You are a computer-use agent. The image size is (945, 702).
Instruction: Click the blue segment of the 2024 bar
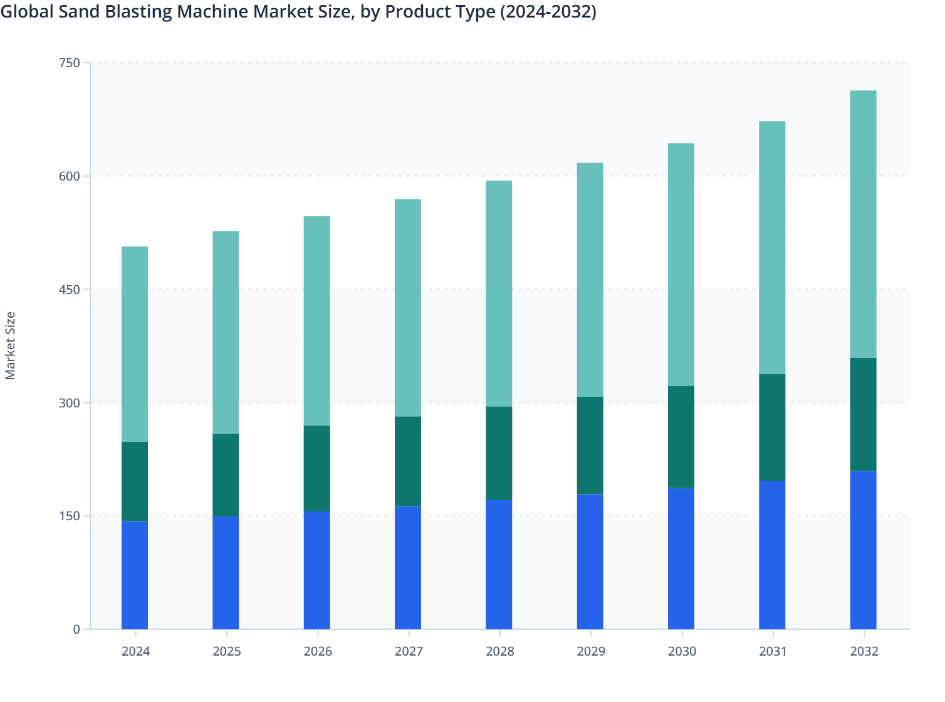click(135, 575)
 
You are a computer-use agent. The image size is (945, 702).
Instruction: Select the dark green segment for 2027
click(408, 461)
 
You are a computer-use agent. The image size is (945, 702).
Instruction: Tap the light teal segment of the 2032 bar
click(863, 224)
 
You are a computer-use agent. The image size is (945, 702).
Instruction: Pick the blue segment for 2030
click(681, 558)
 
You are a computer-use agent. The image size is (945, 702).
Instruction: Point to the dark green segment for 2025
click(226, 475)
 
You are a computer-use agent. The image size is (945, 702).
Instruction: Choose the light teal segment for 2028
click(499, 293)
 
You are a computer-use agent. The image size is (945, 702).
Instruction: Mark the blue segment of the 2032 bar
click(863, 550)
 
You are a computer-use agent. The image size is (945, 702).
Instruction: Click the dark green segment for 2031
click(772, 427)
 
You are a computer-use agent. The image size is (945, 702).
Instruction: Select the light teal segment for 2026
click(317, 321)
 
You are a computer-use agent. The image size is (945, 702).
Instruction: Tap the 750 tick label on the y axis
click(70, 63)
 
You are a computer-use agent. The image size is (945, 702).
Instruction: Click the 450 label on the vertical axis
click(70, 290)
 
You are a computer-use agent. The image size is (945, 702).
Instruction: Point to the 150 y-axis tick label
click(70, 516)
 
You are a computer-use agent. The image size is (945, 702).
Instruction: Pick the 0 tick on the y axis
click(76, 629)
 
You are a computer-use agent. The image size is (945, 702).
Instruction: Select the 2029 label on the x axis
click(591, 651)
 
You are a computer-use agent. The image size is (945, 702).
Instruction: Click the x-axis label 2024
click(135, 651)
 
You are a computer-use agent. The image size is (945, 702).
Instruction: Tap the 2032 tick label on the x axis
click(864, 651)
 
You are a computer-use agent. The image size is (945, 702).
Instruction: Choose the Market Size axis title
click(11, 345)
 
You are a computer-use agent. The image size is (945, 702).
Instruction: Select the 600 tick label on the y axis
click(70, 176)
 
